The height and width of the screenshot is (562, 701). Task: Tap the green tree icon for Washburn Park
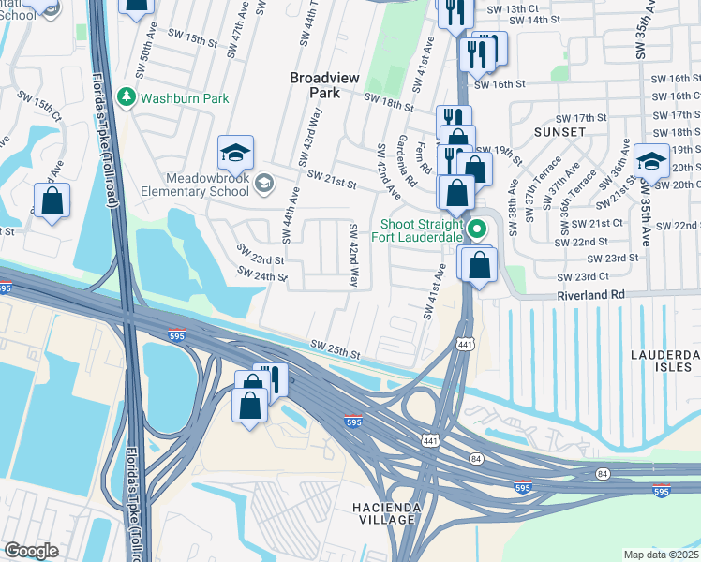pyautogui.click(x=126, y=96)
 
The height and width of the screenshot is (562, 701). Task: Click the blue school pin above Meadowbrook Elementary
pyautogui.click(x=236, y=152)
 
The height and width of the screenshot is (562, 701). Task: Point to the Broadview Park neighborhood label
pyautogui.click(x=325, y=86)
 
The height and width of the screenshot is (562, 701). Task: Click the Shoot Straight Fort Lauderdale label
pyautogui.click(x=420, y=230)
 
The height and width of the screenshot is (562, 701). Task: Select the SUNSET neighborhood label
pyautogui.click(x=559, y=132)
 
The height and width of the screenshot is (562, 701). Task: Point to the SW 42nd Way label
pyautogui.click(x=354, y=256)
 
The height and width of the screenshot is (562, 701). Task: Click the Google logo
pyautogui.click(x=31, y=551)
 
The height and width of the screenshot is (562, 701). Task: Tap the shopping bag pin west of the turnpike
pyautogui.click(x=52, y=200)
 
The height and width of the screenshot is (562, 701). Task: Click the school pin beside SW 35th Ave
pyautogui.click(x=651, y=161)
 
